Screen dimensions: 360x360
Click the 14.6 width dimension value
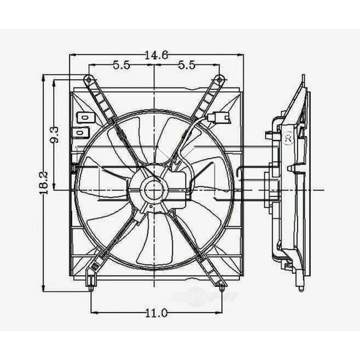(x=155, y=56)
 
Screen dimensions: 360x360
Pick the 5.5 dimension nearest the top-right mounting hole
(x=187, y=64)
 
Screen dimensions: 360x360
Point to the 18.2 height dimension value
(x=42, y=184)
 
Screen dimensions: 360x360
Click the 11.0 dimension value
(x=155, y=312)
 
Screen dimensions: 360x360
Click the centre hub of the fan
(x=154, y=188)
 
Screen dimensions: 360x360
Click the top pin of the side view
(x=303, y=79)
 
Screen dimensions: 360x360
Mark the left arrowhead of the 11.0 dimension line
(x=93, y=312)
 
